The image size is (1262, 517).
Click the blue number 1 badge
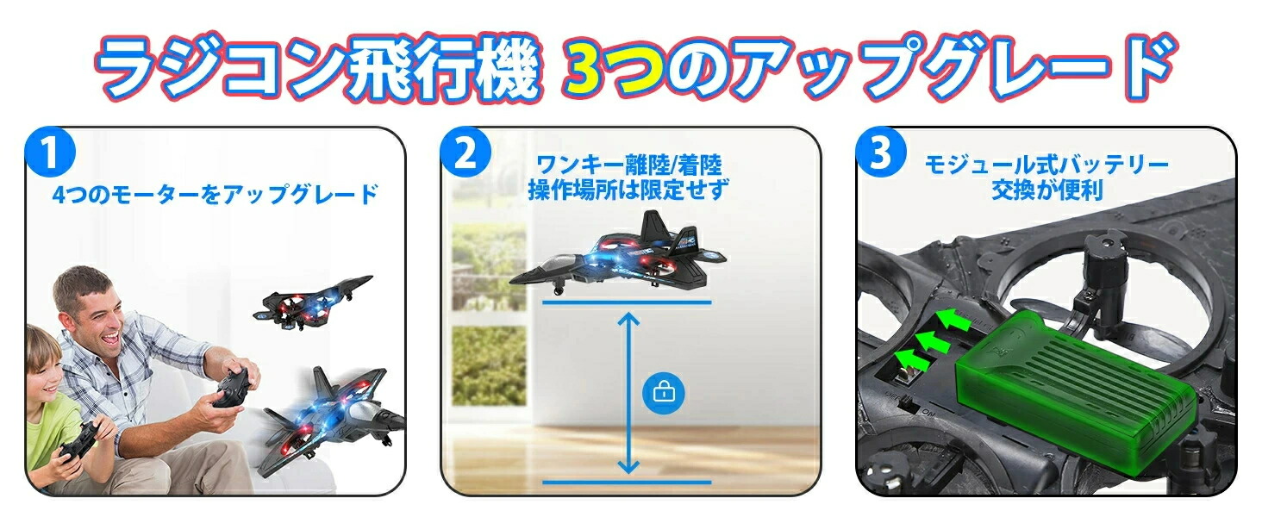(50, 152)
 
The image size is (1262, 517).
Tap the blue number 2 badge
(465, 152)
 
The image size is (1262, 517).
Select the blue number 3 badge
(881, 152)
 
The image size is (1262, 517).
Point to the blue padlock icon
(664, 393)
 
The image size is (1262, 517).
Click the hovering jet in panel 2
(617, 254)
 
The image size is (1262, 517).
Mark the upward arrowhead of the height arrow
(628, 320)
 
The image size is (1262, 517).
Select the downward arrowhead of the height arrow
(628, 466)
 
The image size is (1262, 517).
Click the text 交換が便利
(1046, 190)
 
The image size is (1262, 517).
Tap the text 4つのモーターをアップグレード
(216, 194)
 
